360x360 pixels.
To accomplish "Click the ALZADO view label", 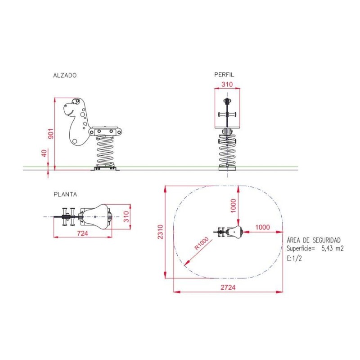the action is pos(65,75).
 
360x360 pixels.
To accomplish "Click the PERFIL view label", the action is pos(224,75).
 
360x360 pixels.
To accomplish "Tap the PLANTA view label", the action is pos(65,194).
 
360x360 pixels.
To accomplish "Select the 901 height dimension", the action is pos(51,134).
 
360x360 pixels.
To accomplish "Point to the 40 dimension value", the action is pos(44,153).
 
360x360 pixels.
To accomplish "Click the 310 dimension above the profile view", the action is pos(227,84).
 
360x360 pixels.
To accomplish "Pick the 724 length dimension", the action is pos(82,233).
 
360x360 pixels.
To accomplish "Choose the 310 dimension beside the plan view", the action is pos(126,216).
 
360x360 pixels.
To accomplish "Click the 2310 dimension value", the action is pos(160,232).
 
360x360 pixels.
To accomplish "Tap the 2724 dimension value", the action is pos(228,287).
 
